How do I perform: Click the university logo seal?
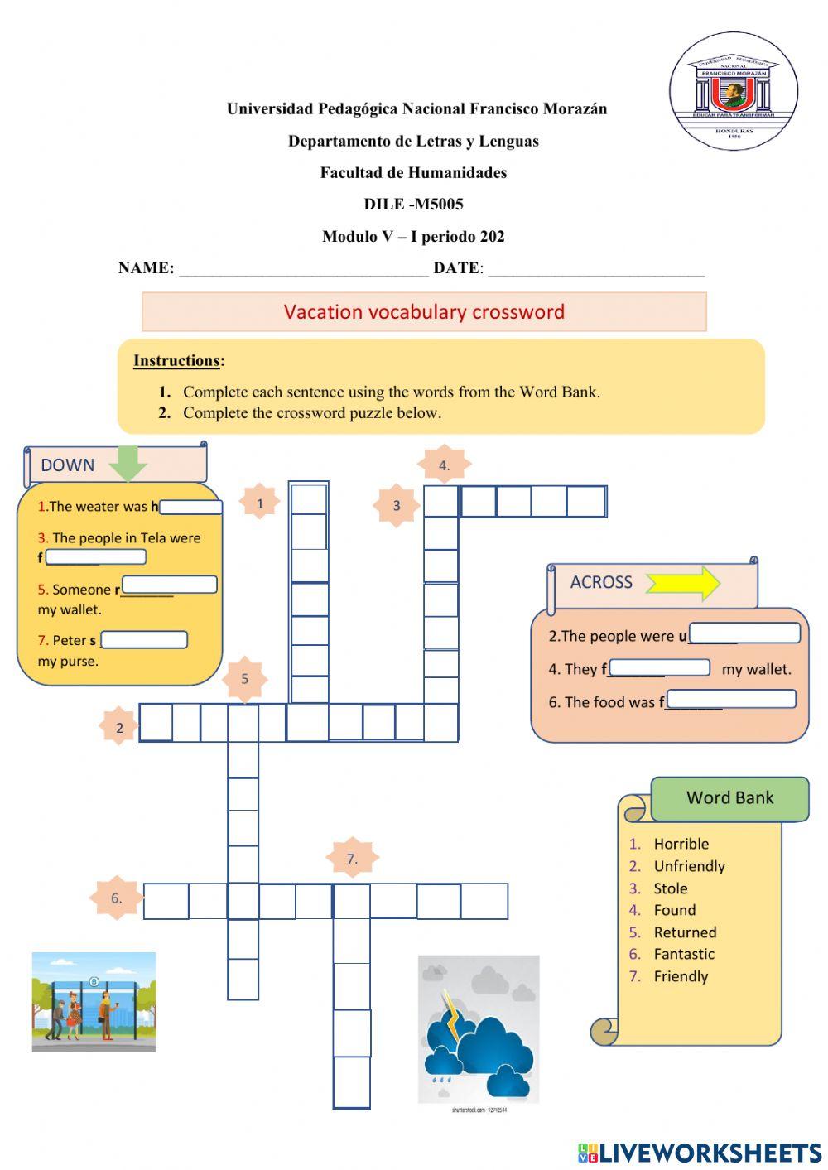(733, 91)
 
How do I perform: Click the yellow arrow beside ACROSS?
(683, 583)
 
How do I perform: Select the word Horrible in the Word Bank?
(681, 844)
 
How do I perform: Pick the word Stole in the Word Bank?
(670, 888)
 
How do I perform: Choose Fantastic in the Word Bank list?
(683, 954)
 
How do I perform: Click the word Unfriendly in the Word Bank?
(689, 866)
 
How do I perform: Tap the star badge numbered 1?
(259, 503)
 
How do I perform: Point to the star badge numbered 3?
(397, 505)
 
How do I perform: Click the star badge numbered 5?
(244, 679)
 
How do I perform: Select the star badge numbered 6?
(117, 898)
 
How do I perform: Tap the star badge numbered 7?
(352, 859)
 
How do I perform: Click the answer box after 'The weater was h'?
(191, 507)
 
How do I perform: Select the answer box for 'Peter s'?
(144, 640)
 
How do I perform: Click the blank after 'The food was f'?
(730, 701)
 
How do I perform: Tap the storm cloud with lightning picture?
(478, 1029)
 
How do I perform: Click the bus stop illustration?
(94, 1002)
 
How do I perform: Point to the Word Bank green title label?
(729, 798)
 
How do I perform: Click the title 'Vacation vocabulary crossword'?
(424, 312)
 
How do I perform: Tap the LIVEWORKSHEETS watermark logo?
(700, 1152)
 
